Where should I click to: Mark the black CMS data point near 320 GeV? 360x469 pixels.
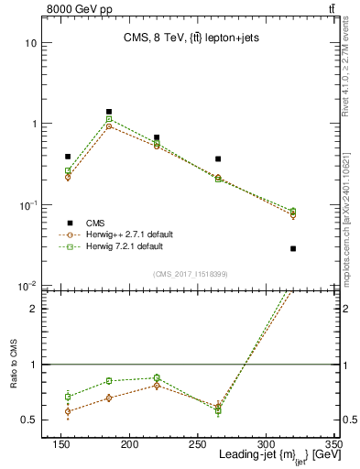[293, 248]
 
